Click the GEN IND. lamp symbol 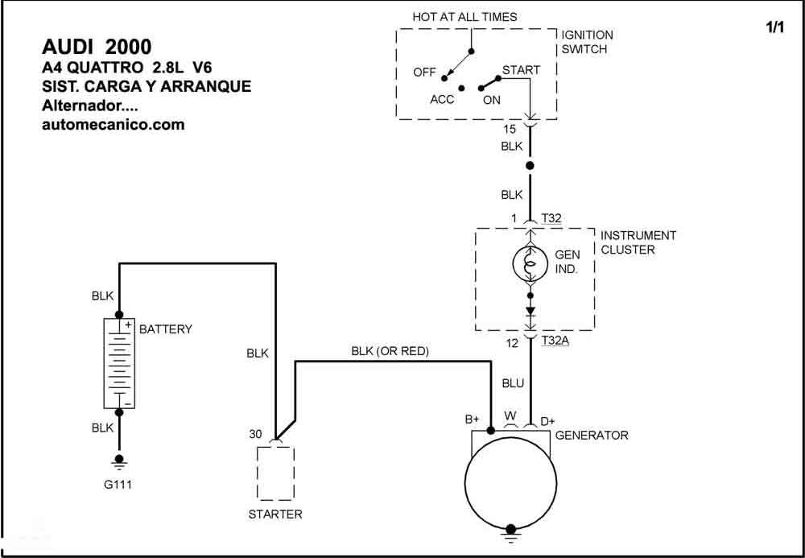coord(530,264)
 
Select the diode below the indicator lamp coord(530,311)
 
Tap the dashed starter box coord(275,473)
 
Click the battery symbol coord(119,363)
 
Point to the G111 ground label coord(118,484)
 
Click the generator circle coord(510,482)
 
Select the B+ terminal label coord(473,420)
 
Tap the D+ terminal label coord(547,421)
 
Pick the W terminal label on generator coord(510,415)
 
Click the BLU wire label coord(513,383)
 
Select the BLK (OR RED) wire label coord(390,351)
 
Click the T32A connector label coord(555,340)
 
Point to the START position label coord(521,70)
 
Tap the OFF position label coord(424,72)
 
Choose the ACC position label coord(442,100)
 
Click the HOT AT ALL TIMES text coord(464,17)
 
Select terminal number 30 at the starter coord(256,434)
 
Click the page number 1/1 coord(775,27)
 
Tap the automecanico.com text coord(113,124)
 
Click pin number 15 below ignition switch coord(510,130)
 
